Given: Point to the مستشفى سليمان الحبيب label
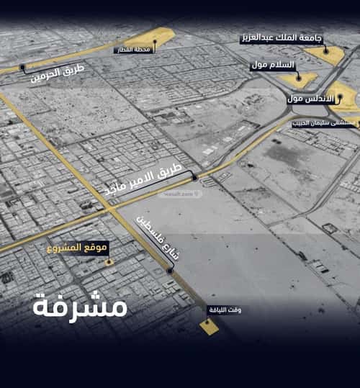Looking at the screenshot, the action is click(325, 124).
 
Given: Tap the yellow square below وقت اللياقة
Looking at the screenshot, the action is click(210, 327).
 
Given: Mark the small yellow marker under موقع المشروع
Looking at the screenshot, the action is click(109, 262).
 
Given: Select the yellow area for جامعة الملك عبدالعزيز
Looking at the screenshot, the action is click(327, 54).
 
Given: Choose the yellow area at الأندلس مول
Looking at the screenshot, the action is click(346, 97).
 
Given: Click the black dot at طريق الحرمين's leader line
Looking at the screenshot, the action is click(23, 68).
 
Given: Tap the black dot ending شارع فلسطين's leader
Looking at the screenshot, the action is click(170, 270).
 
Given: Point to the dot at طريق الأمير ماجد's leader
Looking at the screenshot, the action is click(194, 176).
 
